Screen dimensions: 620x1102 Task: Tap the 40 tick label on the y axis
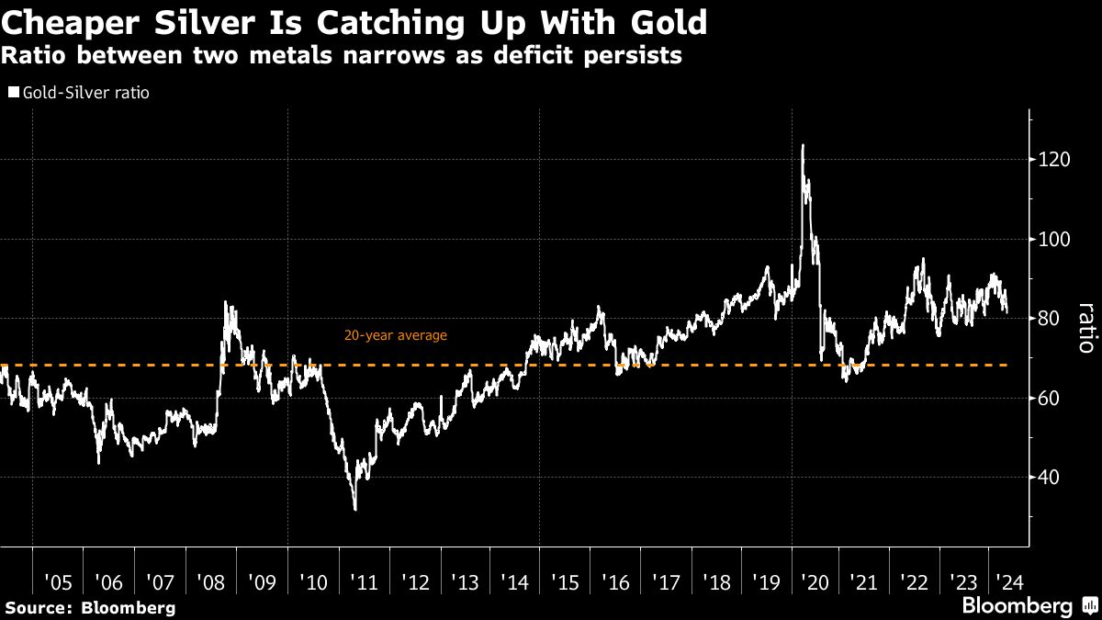pyautogui.click(x=1049, y=478)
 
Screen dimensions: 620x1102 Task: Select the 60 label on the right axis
pyautogui.click(x=1049, y=399)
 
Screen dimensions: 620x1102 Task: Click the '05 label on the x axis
pyautogui.click(x=57, y=581)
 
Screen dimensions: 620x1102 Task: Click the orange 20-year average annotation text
pyautogui.click(x=396, y=335)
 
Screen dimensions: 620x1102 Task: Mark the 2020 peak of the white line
pyautogui.click(x=803, y=145)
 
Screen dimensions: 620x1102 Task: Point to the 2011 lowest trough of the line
pyautogui.click(x=355, y=509)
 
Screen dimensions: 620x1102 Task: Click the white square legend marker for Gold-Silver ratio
pyautogui.click(x=12, y=93)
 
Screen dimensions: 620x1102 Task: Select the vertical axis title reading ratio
pyautogui.click(x=1086, y=328)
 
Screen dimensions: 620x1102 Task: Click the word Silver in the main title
pyautogui.click(x=189, y=19)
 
